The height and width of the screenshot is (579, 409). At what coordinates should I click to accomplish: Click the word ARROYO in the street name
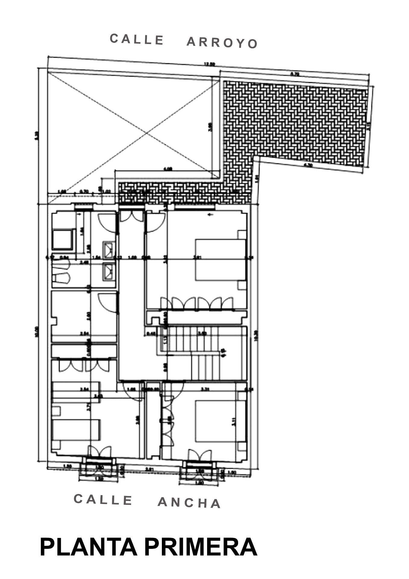coord(222,43)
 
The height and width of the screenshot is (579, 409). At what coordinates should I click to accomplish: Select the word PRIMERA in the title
coord(200,547)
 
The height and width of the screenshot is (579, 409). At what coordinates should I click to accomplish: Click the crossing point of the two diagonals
coord(147,133)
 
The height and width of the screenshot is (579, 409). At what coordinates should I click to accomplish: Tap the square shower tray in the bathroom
coord(63,239)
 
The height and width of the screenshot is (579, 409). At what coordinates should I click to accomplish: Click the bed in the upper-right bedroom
coord(221,260)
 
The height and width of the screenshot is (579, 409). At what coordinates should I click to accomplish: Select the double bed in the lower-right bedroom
coord(220,421)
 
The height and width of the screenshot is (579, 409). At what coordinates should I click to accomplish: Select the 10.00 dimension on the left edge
coord(37,332)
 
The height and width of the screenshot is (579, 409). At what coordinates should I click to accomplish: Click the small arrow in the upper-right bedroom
coord(211,214)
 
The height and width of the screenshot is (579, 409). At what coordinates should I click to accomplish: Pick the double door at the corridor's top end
coord(131,216)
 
